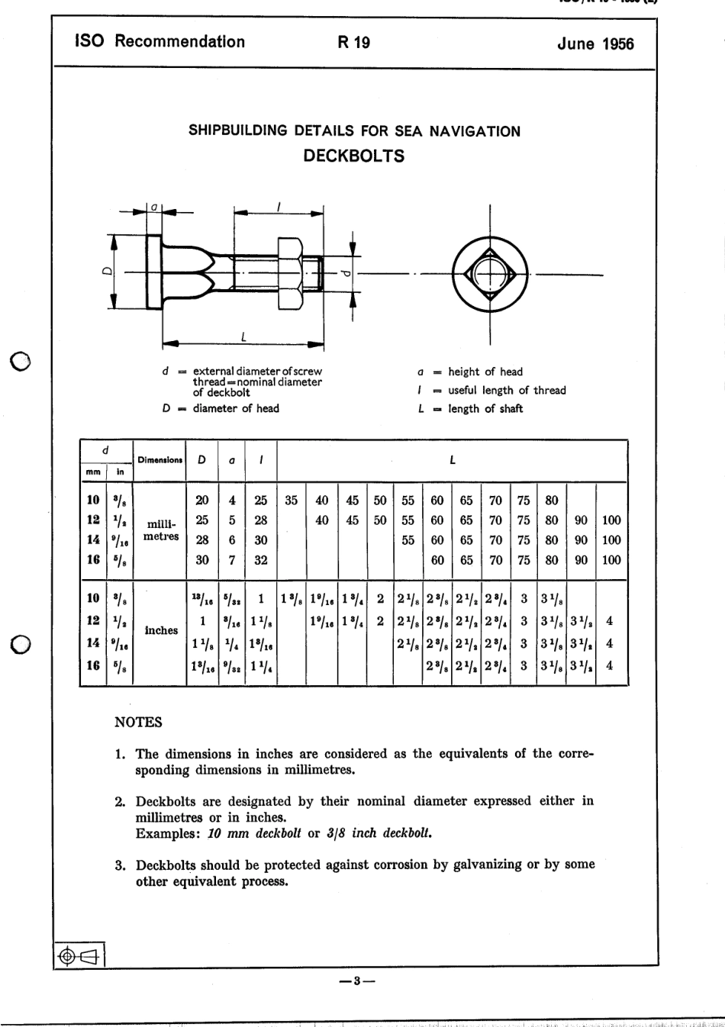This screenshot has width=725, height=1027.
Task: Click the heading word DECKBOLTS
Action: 353,156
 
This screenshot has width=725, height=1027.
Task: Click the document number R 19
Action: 353,43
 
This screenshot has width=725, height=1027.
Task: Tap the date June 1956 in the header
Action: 595,43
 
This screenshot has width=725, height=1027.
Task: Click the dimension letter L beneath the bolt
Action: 243,336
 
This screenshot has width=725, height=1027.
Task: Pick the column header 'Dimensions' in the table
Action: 159,460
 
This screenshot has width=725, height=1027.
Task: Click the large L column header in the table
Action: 453,460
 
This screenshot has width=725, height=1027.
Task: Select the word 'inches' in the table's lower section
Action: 161,630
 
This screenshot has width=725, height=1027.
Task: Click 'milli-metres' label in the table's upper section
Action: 161,530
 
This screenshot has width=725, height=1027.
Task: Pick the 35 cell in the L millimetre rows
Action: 292,501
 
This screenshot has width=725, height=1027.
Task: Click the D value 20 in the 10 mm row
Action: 202,501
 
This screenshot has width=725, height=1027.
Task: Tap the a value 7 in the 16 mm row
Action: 232,560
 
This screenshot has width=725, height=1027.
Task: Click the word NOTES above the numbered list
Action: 138,722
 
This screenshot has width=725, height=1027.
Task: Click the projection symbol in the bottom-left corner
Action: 79,955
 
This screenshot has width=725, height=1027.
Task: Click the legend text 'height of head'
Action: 485,372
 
